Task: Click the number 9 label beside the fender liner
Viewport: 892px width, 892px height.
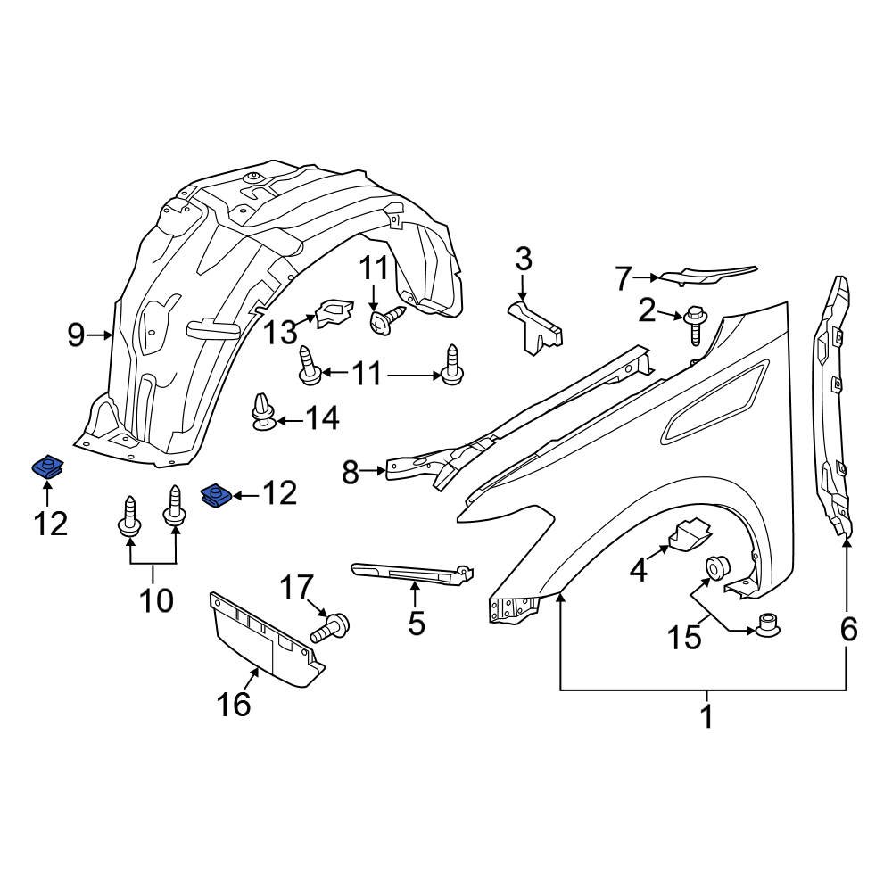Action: pos(77,335)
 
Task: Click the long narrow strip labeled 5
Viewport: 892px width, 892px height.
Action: pos(410,574)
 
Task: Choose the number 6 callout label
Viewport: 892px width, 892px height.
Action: pos(847,630)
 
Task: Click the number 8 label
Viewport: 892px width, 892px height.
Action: pos(350,472)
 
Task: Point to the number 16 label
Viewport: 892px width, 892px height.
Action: pos(234,705)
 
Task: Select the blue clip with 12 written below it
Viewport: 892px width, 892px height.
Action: pos(46,467)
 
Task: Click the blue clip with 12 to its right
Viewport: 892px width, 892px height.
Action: pos(214,494)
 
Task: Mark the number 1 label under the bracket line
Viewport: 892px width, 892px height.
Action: pos(706,715)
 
